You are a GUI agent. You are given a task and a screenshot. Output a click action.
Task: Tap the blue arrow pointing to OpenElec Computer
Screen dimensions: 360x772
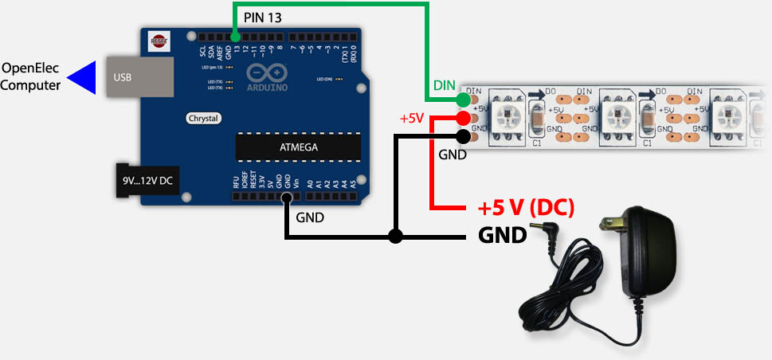[x=84, y=77]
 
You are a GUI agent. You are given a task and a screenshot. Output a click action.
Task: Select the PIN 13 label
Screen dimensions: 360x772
[x=263, y=16]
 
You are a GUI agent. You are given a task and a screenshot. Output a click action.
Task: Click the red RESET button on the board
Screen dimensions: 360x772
[x=159, y=39]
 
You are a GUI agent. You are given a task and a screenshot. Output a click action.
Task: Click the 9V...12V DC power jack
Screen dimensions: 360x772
[x=147, y=180]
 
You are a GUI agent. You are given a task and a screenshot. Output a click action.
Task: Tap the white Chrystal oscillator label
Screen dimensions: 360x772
[x=203, y=118]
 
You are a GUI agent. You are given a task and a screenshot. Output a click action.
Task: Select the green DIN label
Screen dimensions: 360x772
[x=443, y=84]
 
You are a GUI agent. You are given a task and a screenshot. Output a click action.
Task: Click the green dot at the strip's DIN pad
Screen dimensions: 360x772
[x=463, y=100]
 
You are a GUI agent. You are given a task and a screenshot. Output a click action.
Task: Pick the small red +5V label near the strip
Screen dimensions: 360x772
[x=412, y=119]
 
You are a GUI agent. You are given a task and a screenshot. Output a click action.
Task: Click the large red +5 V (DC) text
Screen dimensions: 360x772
[x=526, y=209]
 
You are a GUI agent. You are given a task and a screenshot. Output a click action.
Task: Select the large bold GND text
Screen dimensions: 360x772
[x=502, y=236]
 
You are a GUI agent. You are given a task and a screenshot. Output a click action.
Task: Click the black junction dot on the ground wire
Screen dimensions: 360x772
[x=395, y=237]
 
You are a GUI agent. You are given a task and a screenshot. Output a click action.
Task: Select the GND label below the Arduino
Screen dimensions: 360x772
[x=310, y=217]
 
